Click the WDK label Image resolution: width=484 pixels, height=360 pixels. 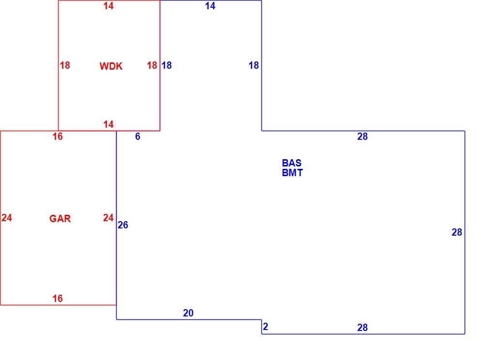click(111, 66)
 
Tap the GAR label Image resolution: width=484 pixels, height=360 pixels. click(60, 219)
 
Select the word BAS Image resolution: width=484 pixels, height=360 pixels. click(291, 163)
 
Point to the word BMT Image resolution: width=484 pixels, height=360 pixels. click(292, 173)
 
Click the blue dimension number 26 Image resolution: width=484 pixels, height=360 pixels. click(123, 225)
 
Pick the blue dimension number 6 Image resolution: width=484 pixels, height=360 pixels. click(137, 136)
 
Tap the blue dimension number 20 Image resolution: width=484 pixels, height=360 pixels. click(188, 313)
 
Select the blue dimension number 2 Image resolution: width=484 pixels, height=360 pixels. click(265, 327)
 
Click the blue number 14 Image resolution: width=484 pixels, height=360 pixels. click(210, 6)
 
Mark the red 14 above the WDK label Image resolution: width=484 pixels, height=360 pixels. click(108, 6)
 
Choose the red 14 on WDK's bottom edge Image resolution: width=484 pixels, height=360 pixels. click(108, 124)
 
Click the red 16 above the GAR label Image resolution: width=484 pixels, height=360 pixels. click(58, 136)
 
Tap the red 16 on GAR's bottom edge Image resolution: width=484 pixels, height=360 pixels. click(58, 299)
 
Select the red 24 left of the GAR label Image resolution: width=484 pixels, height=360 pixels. click(7, 218)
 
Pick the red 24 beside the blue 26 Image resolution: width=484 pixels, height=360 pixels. click(108, 218)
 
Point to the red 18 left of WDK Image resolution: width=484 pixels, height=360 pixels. click(65, 65)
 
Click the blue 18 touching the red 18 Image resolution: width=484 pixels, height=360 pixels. click(166, 65)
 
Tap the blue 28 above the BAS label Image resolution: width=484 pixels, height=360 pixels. click(363, 136)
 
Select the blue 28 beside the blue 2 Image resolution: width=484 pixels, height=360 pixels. click(363, 328)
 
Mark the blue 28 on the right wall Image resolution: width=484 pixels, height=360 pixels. click(457, 232)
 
